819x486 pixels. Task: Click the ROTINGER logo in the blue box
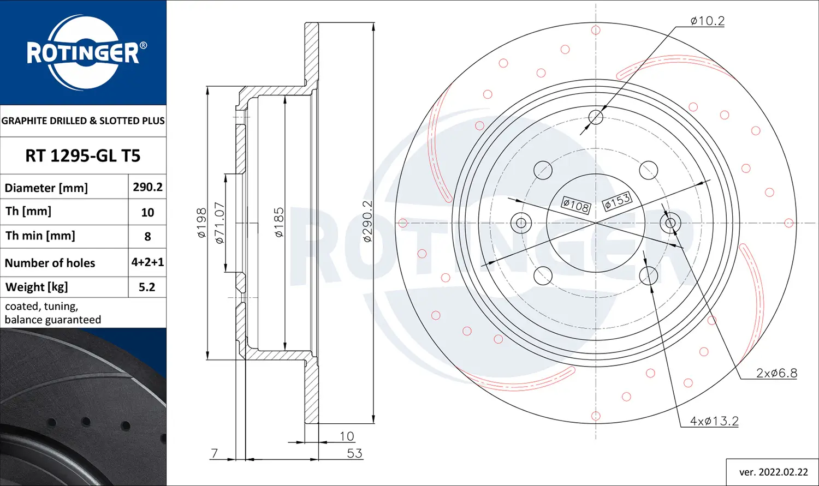pos(83,53)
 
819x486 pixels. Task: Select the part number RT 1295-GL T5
pos(83,156)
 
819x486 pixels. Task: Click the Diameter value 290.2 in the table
pos(147,187)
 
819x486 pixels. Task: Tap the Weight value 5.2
pos(147,287)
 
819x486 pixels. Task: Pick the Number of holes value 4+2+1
pos(147,262)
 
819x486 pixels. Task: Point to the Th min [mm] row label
pos(40,236)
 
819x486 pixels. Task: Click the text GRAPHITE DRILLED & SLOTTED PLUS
pos(83,121)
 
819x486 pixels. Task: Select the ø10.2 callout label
pos(707,21)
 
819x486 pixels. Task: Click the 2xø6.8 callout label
pos(776,373)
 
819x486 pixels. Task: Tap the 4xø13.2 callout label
pos(714,421)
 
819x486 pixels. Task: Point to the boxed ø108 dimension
pos(576,206)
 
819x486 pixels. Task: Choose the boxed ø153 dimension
pos(618,201)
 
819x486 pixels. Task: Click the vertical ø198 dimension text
pos(201,223)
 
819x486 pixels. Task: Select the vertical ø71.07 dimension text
pos(219,223)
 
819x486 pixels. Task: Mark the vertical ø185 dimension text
pos(279,222)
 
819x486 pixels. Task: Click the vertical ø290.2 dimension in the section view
pos(367,221)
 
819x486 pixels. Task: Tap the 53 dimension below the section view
pos(354,453)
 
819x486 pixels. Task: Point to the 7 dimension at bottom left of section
pos(214,453)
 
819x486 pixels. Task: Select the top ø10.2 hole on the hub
pos(596,117)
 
